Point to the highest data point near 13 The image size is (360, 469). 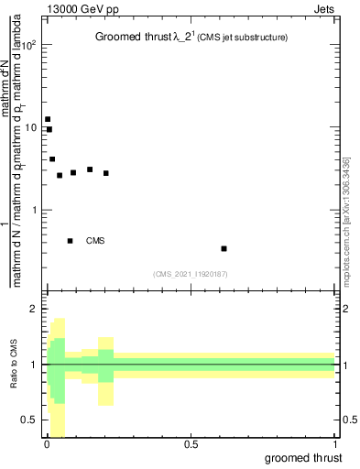click(48, 119)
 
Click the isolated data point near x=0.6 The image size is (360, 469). click(224, 248)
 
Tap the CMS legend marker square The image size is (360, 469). click(70, 241)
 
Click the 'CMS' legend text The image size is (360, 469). click(95, 241)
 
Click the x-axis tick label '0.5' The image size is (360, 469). click(191, 444)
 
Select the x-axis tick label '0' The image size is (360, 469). click(47, 444)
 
